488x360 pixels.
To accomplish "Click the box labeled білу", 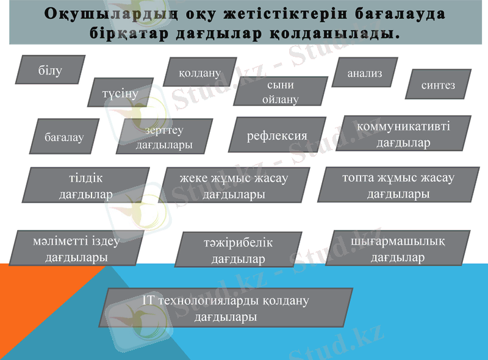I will (x=50, y=70).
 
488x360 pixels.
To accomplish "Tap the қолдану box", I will (x=199, y=72).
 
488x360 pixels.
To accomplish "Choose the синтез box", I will (x=438, y=85).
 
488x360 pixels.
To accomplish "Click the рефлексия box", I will (x=277, y=135).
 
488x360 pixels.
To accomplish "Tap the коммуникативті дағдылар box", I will (x=403, y=134).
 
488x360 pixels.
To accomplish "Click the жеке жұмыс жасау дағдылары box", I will (x=234, y=185).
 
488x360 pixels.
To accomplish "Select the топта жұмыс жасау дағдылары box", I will (x=398, y=185).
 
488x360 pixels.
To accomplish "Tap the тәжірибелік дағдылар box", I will (x=238, y=250).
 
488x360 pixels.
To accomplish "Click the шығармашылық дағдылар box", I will (x=398, y=248).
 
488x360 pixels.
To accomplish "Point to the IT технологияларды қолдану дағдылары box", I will (x=226, y=308).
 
